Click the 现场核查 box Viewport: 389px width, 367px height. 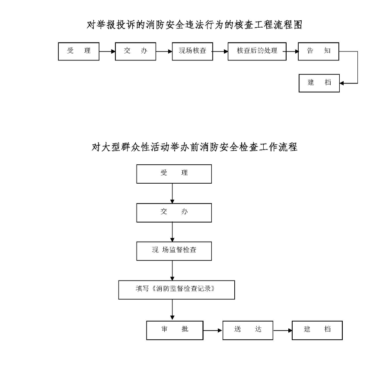tap(192, 51)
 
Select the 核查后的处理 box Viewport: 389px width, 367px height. tap(257, 51)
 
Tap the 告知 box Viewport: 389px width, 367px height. tap(319, 51)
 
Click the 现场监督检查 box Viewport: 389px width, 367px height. tap(174, 251)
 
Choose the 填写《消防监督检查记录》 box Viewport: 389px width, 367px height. tap(176, 290)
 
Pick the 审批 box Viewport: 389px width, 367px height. tap(174, 330)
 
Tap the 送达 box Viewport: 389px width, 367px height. tap(248, 330)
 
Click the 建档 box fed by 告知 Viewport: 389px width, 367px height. tap(319, 83)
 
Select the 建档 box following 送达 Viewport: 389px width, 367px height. tap(317, 330)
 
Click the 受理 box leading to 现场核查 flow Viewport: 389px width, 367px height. tap(79, 51)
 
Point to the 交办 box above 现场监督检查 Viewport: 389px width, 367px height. tap(174, 212)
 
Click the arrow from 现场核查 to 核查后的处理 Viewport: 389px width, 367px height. tap(220, 51)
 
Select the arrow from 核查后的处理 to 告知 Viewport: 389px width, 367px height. tap(292, 51)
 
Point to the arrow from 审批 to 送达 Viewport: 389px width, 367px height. tap(213, 331)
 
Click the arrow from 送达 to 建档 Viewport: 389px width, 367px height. tap(283, 331)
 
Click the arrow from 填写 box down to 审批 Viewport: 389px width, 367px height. tap(172, 310)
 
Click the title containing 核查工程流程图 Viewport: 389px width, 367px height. tap(194, 25)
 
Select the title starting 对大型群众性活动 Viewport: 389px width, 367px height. tap(194, 147)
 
